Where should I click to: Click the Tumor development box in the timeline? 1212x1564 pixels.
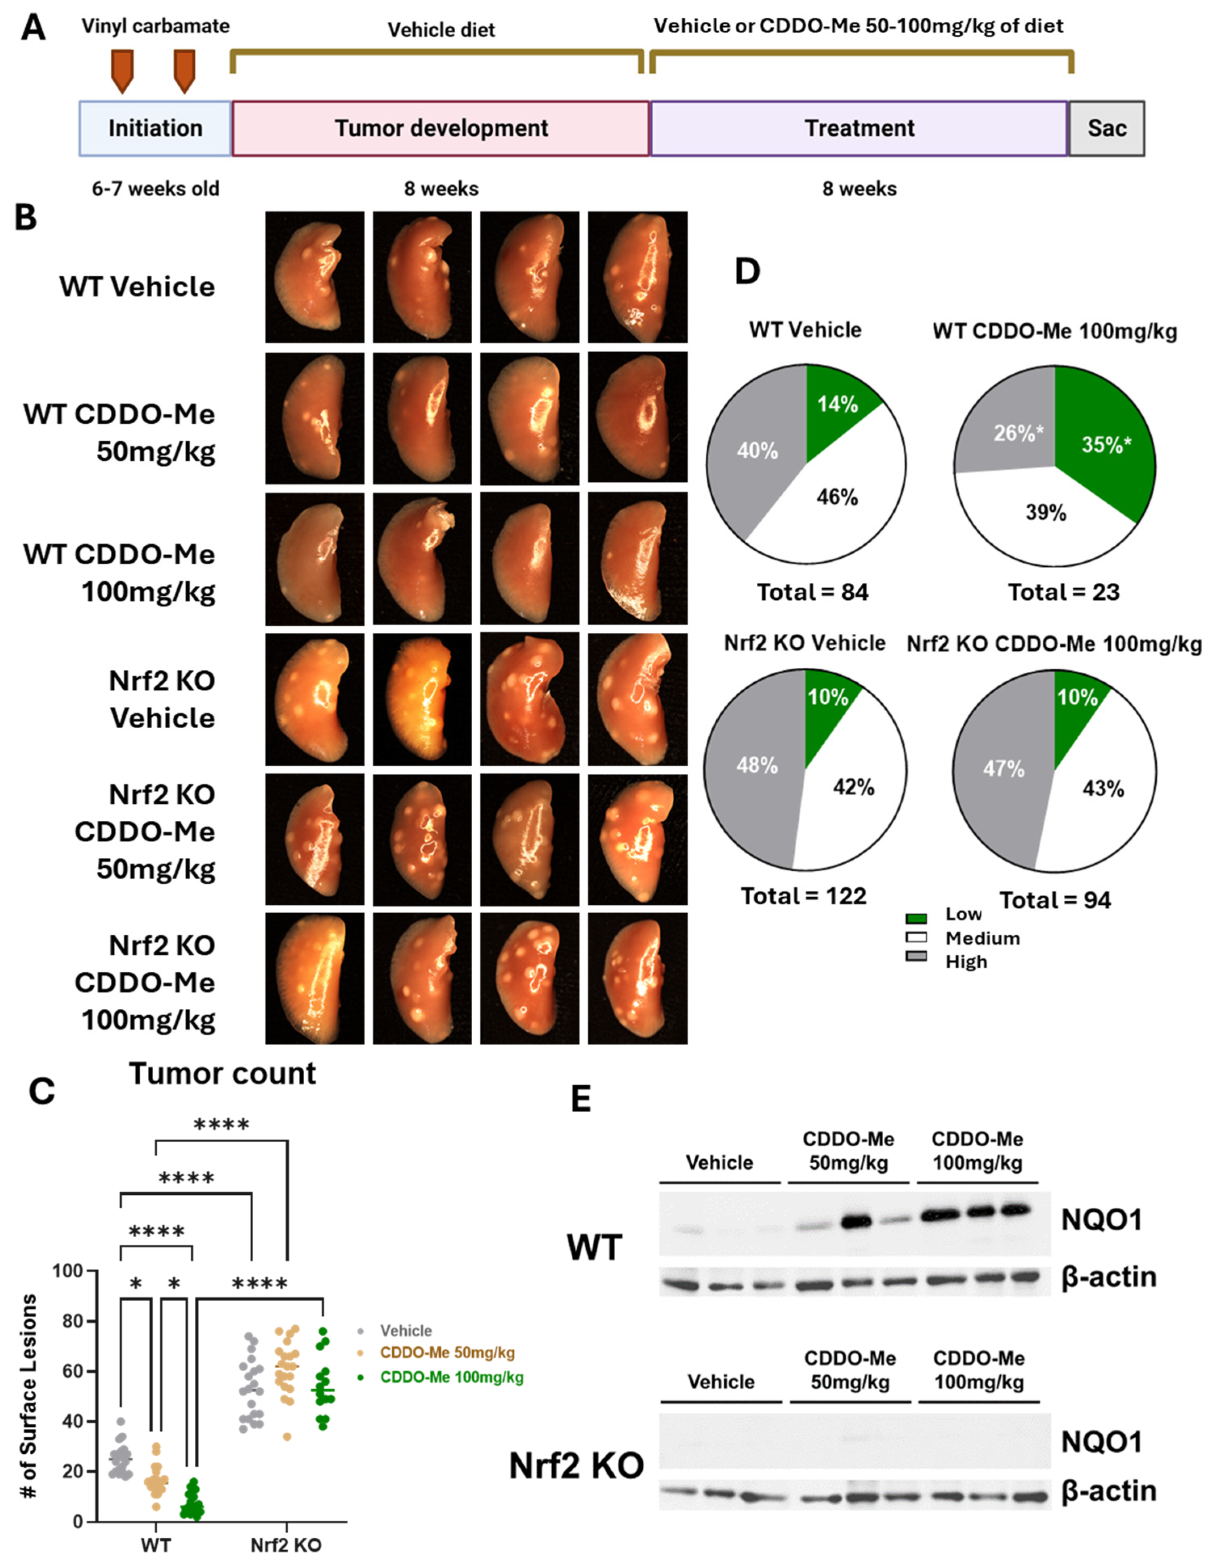[x=440, y=128]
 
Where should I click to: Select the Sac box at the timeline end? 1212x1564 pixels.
[x=1106, y=128]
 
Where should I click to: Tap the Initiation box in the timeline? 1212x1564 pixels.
[x=156, y=128]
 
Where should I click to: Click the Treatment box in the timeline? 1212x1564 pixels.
[x=859, y=128]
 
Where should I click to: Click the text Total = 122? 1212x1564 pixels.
[x=803, y=896]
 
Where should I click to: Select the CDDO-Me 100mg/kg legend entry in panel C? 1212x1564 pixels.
[x=451, y=1377]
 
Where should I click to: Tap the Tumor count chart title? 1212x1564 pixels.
[x=222, y=1074]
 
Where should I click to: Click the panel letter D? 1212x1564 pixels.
[x=747, y=272]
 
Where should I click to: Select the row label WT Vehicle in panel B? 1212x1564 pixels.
[x=137, y=286]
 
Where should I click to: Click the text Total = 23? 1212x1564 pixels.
[x=1063, y=592]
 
